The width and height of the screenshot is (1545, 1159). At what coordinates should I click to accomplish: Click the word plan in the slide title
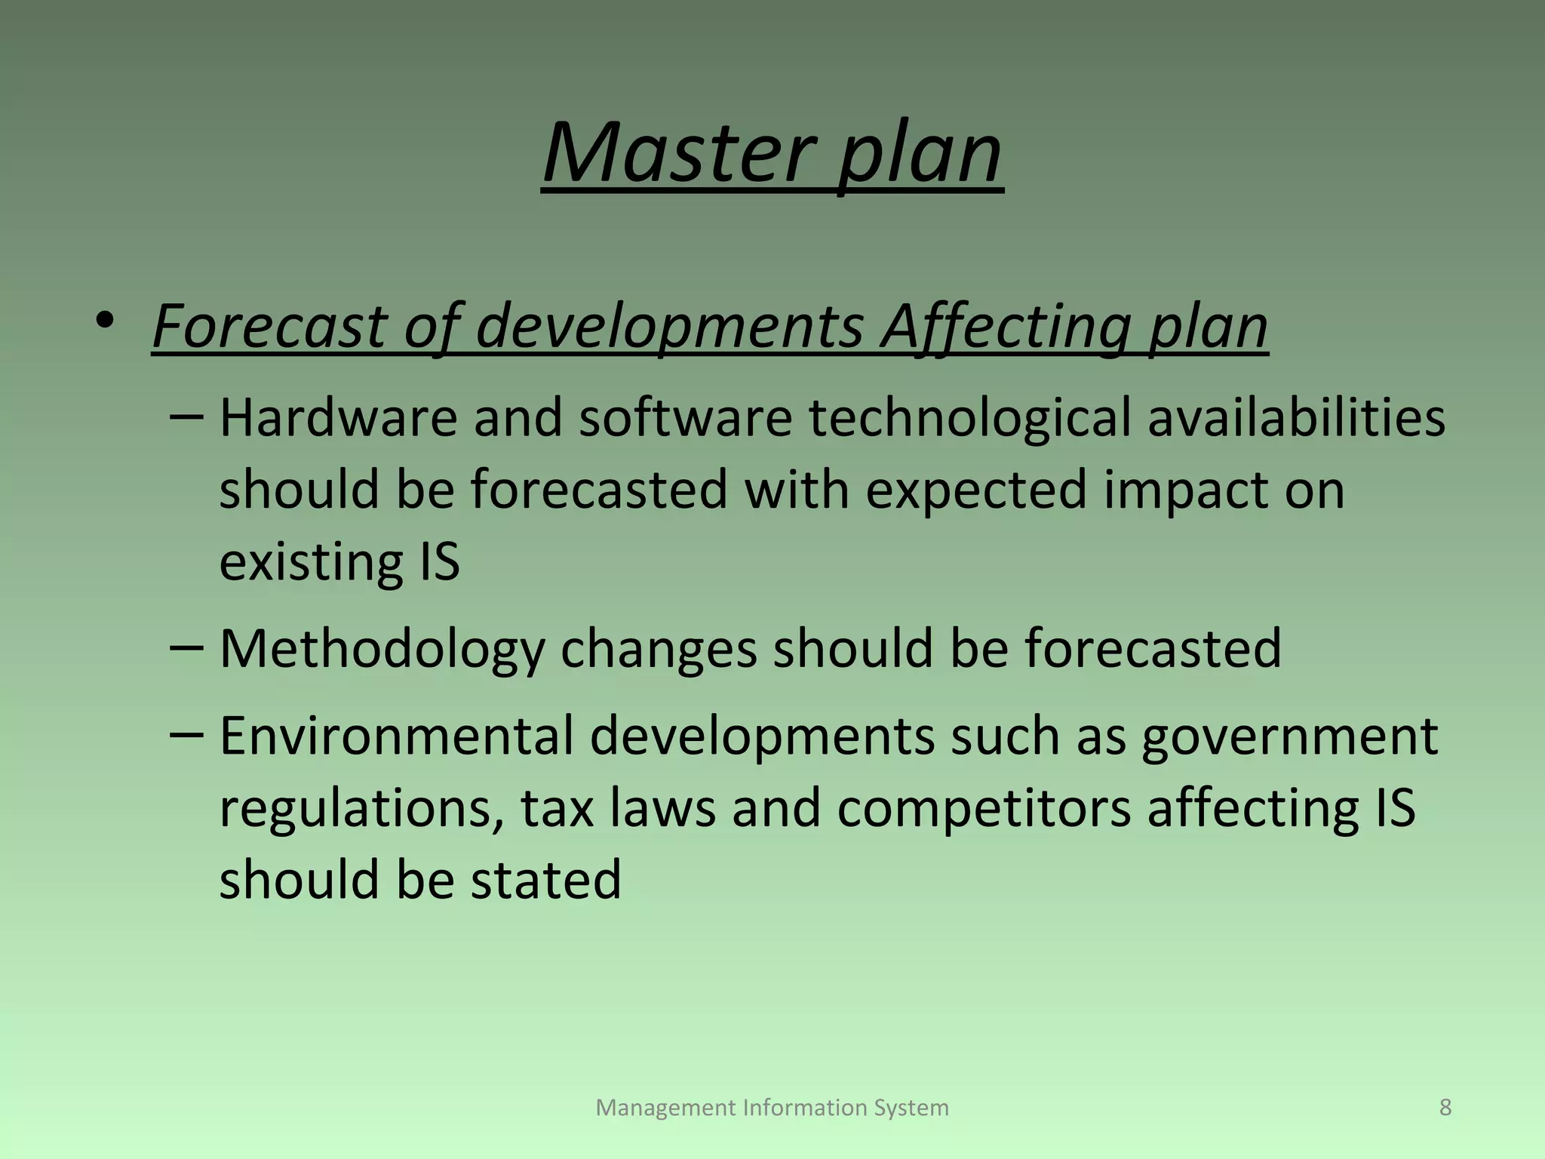[920, 154]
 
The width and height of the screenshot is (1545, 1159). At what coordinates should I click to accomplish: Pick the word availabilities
[1296, 417]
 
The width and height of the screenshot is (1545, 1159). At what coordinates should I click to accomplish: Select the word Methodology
[382, 649]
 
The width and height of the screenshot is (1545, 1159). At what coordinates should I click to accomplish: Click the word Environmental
[396, 736]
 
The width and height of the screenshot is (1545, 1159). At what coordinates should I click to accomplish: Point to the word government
[1289, 736]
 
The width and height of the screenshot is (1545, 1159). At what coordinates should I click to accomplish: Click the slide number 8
[1445, 1107]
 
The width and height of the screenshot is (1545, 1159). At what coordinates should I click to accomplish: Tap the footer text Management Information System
[772, 1108]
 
